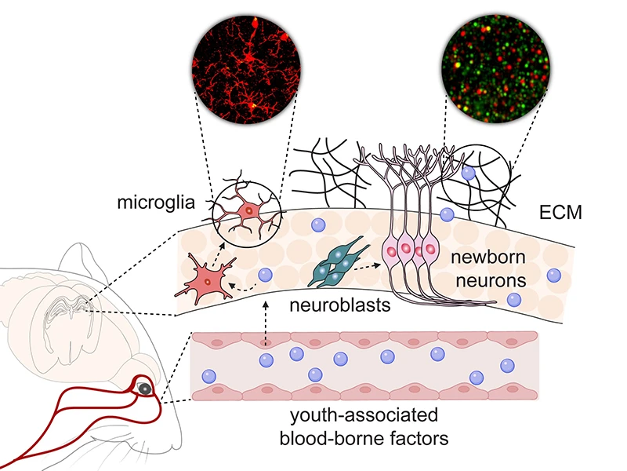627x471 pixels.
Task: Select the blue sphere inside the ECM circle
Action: point(468,174)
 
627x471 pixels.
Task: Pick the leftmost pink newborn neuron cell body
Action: point(391,250)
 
